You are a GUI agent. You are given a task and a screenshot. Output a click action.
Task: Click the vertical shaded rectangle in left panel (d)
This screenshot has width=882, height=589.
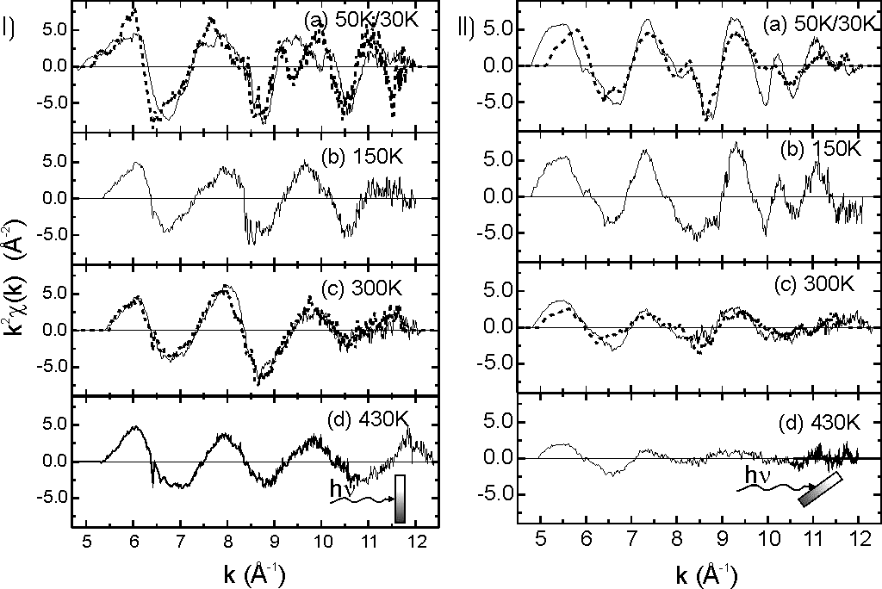coord(400,498)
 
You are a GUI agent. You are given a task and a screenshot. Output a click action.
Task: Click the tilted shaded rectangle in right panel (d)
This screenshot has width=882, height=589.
coord(819,489)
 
